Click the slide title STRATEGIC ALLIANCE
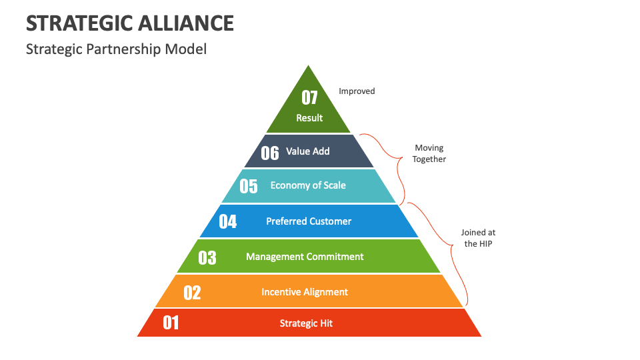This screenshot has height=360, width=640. (130, 23)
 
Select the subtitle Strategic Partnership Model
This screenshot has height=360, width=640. (116, 49)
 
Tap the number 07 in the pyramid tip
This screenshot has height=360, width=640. (309, 98)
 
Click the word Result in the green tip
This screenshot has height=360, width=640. (309, 118)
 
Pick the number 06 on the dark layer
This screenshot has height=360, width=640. (270, 153)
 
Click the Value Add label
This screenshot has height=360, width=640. (307, 151)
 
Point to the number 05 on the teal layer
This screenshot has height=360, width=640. (249, 186)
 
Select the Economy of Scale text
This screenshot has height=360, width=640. (308, 185)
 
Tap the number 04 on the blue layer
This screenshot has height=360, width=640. (228, 221)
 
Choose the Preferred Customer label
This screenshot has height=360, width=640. (309, 221)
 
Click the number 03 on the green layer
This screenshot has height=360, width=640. (207, 257)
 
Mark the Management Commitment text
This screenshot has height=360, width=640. (305, 257)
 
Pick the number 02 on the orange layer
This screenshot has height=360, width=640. (192, 293)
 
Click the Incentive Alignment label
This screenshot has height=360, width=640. (305, 292)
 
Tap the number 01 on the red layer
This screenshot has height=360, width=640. (171, 323)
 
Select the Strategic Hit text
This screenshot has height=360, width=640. (306, 323)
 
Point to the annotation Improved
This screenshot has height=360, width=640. (357, 91)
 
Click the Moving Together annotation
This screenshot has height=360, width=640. (429, 153)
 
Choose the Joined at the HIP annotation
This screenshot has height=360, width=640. (478, 238)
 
